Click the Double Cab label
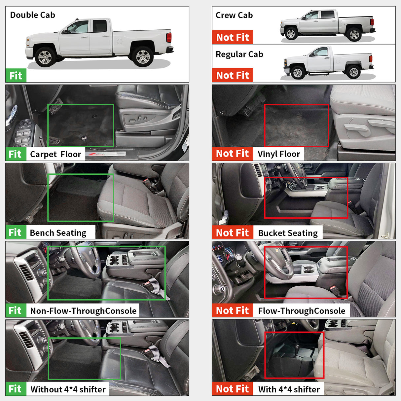pyautogui.click(x=32, y=15)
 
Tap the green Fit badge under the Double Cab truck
pyautogui.click(x=16, y=76)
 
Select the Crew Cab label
pyautogui.click(x=234, y=16)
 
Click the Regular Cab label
pyautogui.click(x=239, y=55)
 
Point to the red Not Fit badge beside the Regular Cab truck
pyautogui.click(x=232, y=75)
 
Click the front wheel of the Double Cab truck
pyautogui.click(x=45, y=57)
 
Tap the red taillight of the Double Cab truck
pyautogui.click(x=169, y=37)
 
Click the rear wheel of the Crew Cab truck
pyautogui.click(x=354, y=34)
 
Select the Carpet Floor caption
pyautogui.click(x=55, y=154)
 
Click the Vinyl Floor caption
pyautogui.click(x=278, y=154)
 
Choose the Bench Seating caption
pyautogui.click(x=58, y=233)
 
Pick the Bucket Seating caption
pyautogui.click(x=287, y=233)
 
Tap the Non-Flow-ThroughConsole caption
pyautogui.click(x=83, y=311)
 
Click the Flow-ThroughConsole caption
pyautogui.click(x=301, y=311)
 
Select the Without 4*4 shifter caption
pyautogui.click(x=68, y=389)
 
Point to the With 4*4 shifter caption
pyautogui.click(x=289, y=389)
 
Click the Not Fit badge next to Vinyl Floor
pyautogui.click(x=232, y=154)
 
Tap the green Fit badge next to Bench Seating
pyautogui.click(x=15, y=233)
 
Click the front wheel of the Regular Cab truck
pyautogui.click(x=297, y=72)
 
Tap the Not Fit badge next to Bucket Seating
pyautogui.click(x=232, y=233)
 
